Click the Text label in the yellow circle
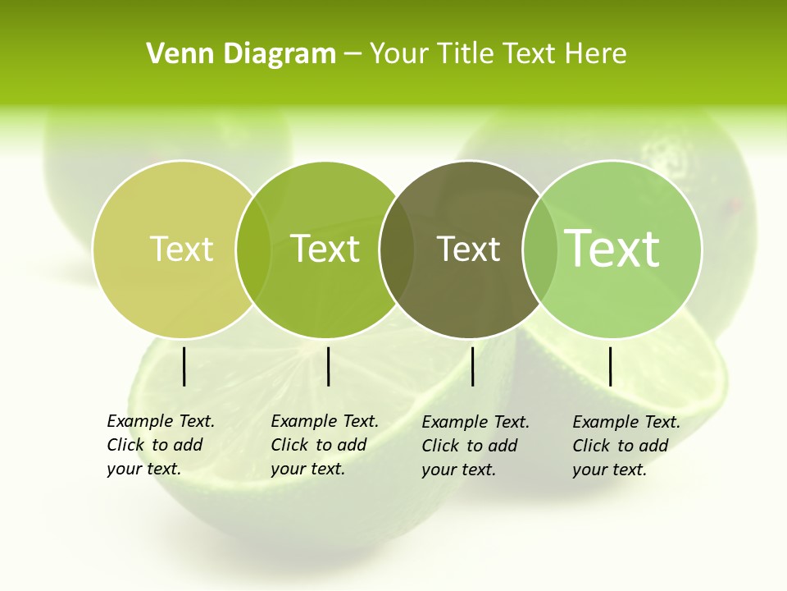coord(181,249)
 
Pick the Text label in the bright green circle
coord(325,249)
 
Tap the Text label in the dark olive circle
coord(468,249)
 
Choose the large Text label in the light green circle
coord(612,248)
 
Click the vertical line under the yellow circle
coord(184,366)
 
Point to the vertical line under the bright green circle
coord(328,366)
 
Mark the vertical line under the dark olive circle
coord(472,366)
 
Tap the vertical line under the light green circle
coord(610,366)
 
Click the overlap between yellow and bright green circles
coord(253,249)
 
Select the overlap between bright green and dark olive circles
coord(397,249)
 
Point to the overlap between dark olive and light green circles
coord(540,249)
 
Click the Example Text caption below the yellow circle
coord(160,445)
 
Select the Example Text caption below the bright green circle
coord(324,445)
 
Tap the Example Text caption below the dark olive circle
coord(475,446)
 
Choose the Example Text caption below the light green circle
coord(626,446)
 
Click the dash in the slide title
coord(353,54)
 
